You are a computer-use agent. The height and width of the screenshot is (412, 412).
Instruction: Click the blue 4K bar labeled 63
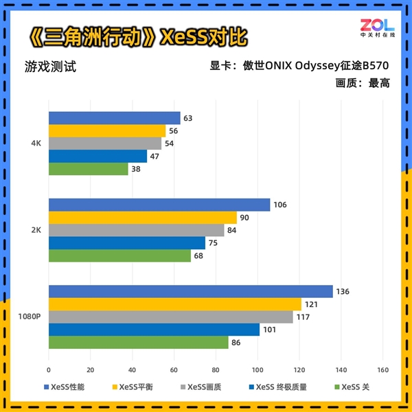point(114,118)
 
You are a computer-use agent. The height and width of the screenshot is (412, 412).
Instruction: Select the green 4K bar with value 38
point(88,169)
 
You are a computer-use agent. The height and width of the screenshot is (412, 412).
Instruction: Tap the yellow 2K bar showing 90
point(142,218)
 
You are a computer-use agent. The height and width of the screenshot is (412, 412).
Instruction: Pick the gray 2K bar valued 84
point(136,230)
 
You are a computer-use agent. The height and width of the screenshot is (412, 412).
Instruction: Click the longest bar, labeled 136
point(190,292)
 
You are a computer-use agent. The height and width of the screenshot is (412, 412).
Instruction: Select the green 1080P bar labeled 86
point(138,342)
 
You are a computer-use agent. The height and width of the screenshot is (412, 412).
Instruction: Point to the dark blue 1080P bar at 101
point(154,330)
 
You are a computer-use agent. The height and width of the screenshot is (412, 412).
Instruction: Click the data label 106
point(279,205)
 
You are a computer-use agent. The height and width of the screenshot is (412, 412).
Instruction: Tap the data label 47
point(155,156)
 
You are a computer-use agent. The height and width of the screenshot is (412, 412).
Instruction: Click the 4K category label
point(38,144)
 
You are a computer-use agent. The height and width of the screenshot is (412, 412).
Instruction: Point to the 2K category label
point(38,230)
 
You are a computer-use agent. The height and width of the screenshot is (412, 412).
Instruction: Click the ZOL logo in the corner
point(377,28)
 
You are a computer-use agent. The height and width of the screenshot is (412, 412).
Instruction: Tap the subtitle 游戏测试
point(49,67)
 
